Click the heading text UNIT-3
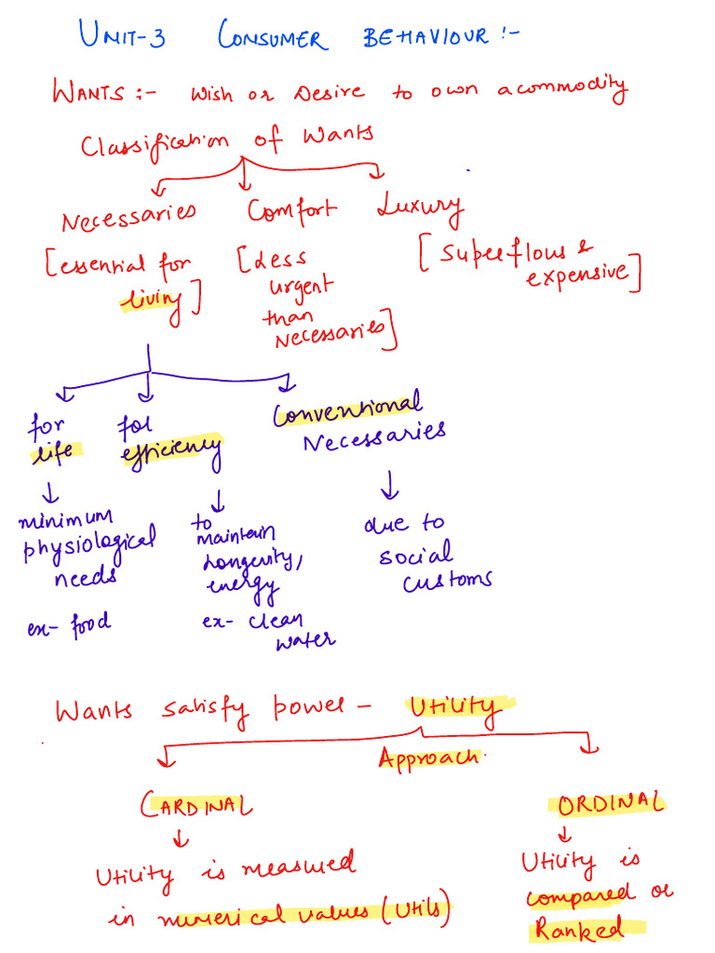122,37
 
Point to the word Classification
154,146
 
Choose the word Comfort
292,210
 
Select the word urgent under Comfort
298,287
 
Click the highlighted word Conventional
347,409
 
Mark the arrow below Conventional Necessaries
389,485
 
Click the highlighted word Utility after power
452,712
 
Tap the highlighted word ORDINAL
610,802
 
